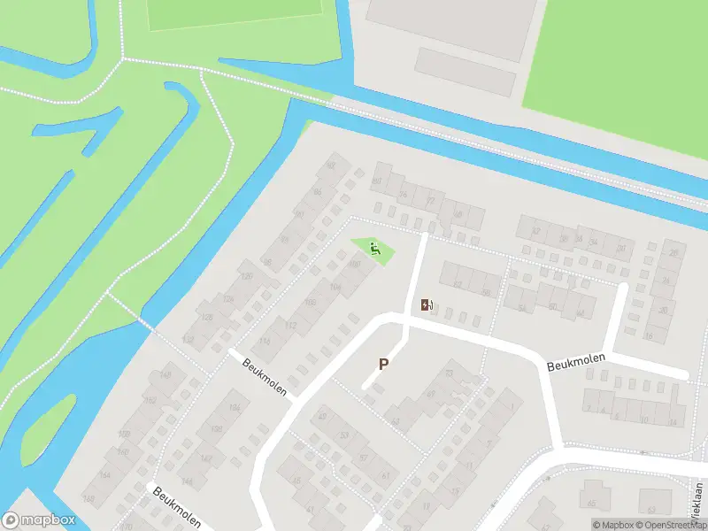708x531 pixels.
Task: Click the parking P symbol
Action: tap(384, 363)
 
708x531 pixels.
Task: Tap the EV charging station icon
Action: tap(427, 305)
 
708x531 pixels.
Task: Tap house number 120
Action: tap(247, 277)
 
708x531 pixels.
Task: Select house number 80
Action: tap(376, 181)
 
